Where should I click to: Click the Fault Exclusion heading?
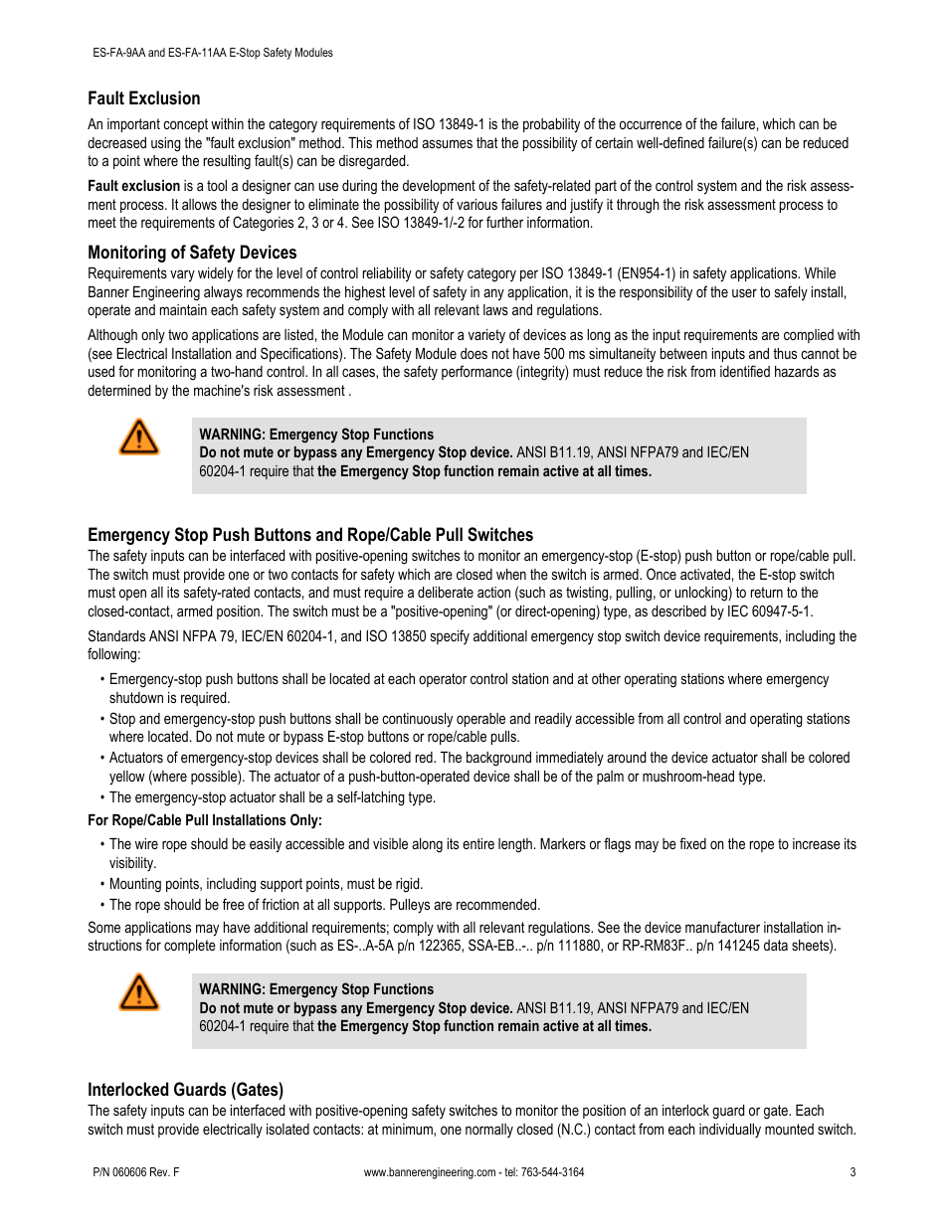tap(143, 98)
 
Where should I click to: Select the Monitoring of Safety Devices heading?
tap(192, 253)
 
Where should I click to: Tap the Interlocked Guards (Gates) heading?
tap(185, 1090)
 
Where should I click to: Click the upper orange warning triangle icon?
tap(139, 438)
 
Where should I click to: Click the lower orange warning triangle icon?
tap(139, 992)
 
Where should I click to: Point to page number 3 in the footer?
tap(853, 1172)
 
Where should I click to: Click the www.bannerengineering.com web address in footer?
tap(429, 1172)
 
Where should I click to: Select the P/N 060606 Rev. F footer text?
tap(133, 1172)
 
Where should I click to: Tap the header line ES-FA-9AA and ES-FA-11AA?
tap(210, 53)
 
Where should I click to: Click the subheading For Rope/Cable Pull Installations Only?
tap(205, 820)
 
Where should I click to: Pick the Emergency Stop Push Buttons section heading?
tap(310, 535)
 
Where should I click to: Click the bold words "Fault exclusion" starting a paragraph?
tap(133, 186)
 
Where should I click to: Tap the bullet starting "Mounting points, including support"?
tap(266, 884)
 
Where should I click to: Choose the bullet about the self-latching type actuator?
tap(272, 797)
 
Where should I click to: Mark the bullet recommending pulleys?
tap(324, 905)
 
